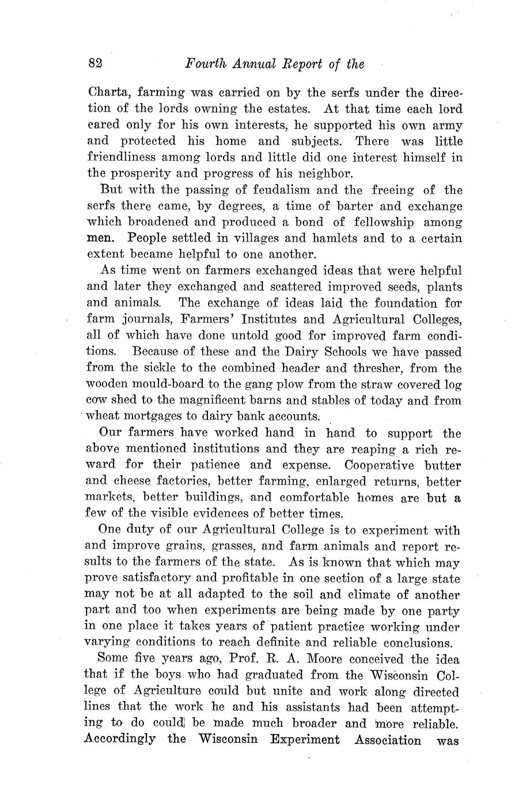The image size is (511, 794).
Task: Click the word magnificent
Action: [x=217, y=400]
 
